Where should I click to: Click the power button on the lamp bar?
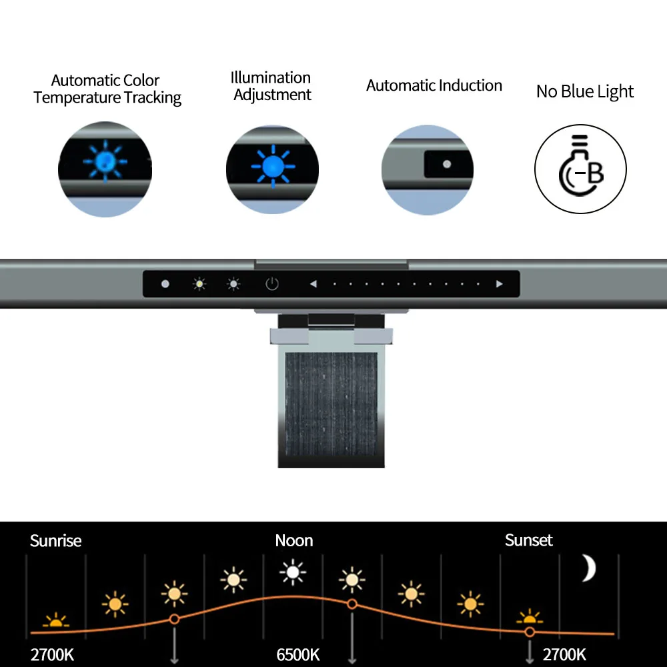coord(271,284)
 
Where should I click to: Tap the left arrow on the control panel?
coord(313,284)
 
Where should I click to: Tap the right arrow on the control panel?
coord(500,284)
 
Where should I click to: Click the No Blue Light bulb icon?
coord(581,169)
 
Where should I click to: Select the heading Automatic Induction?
coord(434,85)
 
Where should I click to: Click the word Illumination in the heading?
coord(271,77)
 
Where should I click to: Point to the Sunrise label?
coord(55,540)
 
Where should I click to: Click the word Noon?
coord(294,540)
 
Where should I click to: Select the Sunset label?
coord(529,540)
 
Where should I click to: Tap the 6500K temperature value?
coord(298,654)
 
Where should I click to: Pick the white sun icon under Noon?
coord(292,572)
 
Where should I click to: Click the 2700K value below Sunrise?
coord(52,654)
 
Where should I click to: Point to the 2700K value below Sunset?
coord(564,654)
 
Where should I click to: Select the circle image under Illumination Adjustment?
coord(272,169)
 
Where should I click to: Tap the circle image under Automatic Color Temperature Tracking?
coord(105,169)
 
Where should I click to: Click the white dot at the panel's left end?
coord(165,284)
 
